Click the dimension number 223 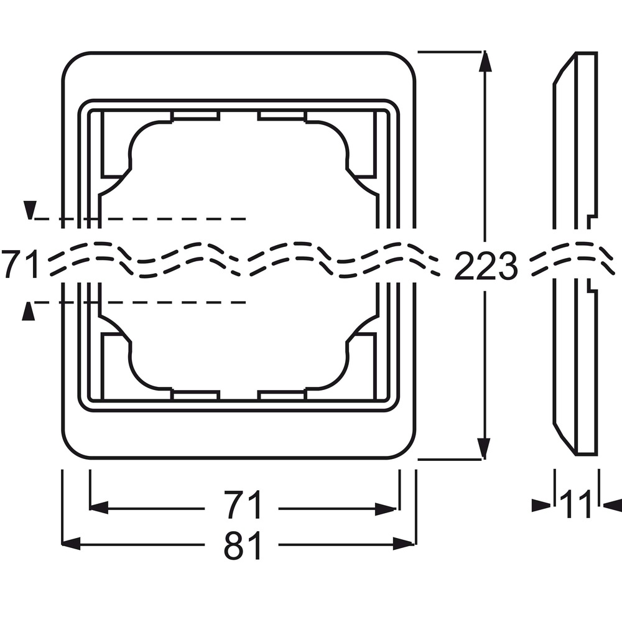click(x=486, y=266)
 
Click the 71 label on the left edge click(x=20, y=264)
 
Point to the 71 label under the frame click(x=243, y=504)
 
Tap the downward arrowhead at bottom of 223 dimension click(x=483, y=449)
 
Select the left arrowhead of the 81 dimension click(x=72, y=544)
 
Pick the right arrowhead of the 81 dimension click(x=404, y=544)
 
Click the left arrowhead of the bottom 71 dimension click(x=99, y=508)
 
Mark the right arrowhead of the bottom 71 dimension click(x=386, y=509)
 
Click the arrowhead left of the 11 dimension click(x=542, y=505)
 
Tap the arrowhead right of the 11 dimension click(x=612, y=505)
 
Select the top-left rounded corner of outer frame click(x=72, y=62)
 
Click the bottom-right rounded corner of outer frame click(x=406, y=450)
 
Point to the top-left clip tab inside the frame click(x=195, y=116)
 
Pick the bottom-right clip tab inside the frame click(x=282, y=395)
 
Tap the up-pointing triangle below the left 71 click(x=28, y=311)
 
